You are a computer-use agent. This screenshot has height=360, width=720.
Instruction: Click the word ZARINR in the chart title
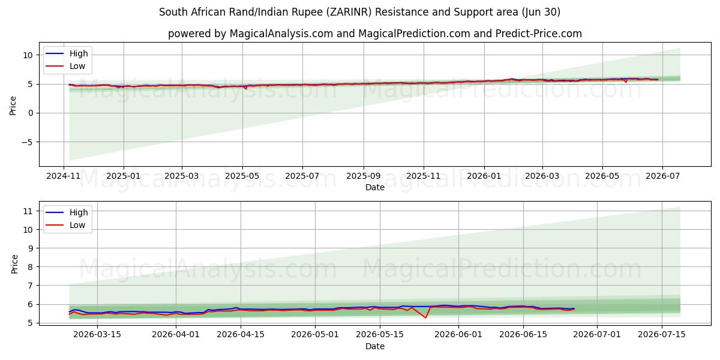pos(349,12)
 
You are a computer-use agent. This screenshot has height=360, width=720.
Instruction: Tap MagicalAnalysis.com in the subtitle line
pos(281,34)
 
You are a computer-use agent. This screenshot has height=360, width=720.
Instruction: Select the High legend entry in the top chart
pos(67,53)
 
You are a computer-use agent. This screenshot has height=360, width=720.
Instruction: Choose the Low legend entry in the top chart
pos(65,66)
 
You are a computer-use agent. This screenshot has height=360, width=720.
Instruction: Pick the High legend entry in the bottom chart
pos(67,212)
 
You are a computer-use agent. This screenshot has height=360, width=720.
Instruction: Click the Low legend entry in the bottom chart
pos(65,226)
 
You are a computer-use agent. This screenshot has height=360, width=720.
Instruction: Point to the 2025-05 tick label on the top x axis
pos(242,176)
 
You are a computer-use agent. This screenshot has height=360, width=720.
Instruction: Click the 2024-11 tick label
pos(64,176)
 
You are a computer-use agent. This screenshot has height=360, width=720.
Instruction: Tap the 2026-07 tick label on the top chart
pos(663,176)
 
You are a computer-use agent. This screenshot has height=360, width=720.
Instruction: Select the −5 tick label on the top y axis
pos(28,142)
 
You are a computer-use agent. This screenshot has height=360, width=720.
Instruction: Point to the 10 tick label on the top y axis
pos(28,55)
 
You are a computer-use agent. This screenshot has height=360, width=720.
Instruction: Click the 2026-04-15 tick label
pos(241,335)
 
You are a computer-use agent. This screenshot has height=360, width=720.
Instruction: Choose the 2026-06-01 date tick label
pos(458,335)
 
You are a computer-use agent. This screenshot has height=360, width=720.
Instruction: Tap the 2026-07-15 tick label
pos(662,335)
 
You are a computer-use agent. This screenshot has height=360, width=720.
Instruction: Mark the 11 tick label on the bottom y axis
pos(28,211)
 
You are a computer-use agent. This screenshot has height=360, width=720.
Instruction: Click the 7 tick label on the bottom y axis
pos(31,286)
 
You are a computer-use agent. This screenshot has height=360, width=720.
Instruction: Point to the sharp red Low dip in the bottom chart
pos(425,317)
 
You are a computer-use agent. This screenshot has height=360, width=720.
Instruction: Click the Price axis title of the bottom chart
pos(14,264)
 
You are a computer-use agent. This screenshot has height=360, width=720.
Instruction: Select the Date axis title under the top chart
pos(375,187)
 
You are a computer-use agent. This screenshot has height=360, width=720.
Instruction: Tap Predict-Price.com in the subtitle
pos(538,34)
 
